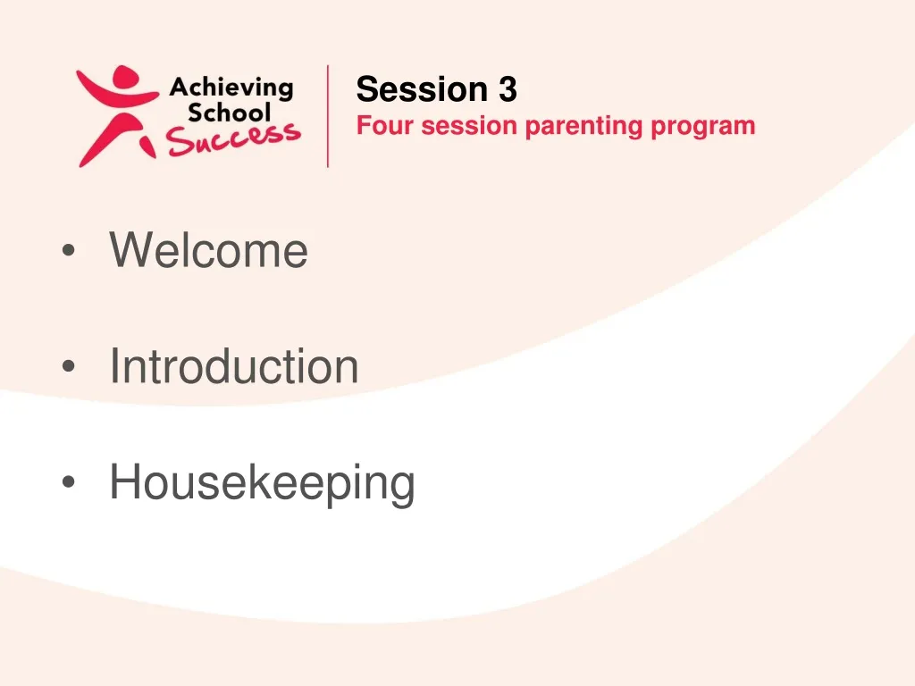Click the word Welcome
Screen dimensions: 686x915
tap(208, 250)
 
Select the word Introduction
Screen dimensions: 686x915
tap(234, 366)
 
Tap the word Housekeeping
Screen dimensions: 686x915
tap(262, 483)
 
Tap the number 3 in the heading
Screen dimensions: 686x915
tap(508, 89)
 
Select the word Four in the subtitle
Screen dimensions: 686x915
tap(386, 126)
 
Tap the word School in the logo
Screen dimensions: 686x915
tap(229, 113)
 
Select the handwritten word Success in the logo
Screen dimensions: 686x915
tap(233, 139)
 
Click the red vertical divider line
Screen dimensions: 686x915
tap(328, 116)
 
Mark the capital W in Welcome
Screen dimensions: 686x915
tap(129, 250)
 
